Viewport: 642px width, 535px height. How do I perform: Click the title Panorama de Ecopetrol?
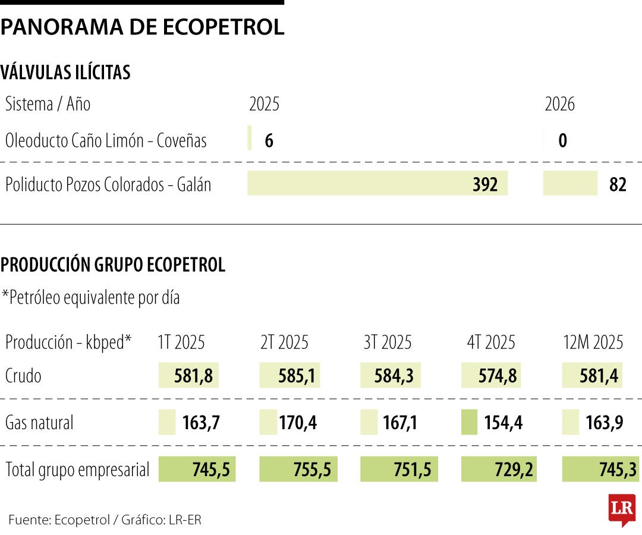point(142,27)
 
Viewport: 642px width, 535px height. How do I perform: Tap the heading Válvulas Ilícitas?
point(65,73)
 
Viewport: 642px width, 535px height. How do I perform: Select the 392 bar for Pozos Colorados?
point(377,184)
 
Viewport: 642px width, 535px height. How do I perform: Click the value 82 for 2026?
point(618,185)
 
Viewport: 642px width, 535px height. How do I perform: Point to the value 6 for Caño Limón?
point(269,141)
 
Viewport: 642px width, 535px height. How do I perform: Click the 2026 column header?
point(559,105)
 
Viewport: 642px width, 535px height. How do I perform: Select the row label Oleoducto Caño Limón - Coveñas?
point(106,141)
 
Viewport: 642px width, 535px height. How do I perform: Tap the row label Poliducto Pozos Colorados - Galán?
point(108,185)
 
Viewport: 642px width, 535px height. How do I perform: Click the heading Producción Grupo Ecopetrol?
point(113,265)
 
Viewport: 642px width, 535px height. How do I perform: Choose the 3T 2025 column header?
point(387,342)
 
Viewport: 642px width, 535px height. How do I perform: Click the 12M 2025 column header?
point(593,342)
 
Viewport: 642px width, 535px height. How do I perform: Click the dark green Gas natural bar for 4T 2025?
point(469,423)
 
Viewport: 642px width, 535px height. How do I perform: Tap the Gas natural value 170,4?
point(297,423)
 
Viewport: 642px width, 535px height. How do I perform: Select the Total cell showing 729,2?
point(499,470)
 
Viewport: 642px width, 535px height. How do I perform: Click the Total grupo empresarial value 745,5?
point(197,470)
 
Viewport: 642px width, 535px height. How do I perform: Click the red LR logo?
point(622,509)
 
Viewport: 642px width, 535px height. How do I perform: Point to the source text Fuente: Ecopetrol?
point(59,520)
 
